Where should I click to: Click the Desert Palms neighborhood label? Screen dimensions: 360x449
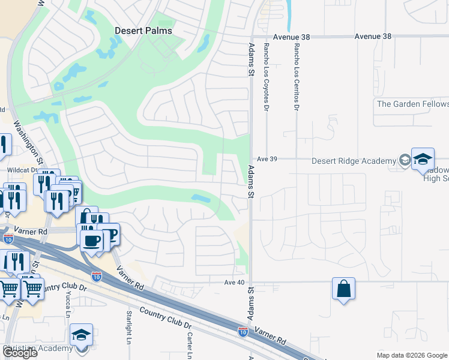[x=143, y=31]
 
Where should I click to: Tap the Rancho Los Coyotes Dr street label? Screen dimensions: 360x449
[x=265, y=77]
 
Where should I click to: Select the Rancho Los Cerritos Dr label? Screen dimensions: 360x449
[x=296, y=77]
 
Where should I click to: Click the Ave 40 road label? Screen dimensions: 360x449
[x=236, y=282]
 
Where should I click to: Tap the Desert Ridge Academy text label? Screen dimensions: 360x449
[x=354, y=161]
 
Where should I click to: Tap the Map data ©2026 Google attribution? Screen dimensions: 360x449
[x=411, y=355]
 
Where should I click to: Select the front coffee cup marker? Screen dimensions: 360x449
[x=91, y=242]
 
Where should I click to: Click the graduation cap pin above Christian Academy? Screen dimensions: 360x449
[x=82, y=335]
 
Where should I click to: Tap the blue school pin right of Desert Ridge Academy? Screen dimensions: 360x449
[x=423, y=159]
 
